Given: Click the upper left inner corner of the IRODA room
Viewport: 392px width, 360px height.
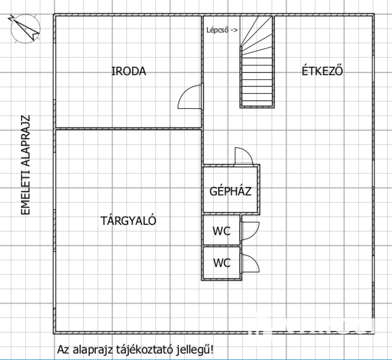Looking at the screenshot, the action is [x=56, y=16].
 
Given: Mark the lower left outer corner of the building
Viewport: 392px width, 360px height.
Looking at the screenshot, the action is [x=53, y=334].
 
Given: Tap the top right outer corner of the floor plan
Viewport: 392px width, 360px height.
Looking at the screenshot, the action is [x=374, y=14].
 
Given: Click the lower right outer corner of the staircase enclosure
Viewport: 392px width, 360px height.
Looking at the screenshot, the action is [x=274, y=108].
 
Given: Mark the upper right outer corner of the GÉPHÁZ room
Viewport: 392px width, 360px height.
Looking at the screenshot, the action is [x=260, y=165].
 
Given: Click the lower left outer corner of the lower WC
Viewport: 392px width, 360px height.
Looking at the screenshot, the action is [x=202, y=280].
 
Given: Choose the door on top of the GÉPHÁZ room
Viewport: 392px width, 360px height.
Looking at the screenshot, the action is [x=244, y=157].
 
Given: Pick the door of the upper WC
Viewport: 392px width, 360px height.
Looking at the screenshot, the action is [x=250, y=231].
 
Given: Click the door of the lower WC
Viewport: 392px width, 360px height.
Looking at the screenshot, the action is [x=250, y=263].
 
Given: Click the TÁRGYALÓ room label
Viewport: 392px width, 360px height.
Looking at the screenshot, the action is [x=128, y=221].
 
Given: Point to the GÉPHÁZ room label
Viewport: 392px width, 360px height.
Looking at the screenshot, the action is [x=230, y=191].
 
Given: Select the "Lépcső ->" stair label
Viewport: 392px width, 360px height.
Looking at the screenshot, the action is [x=222, y=30].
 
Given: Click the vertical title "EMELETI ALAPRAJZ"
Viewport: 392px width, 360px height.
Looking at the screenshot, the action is [x=25, y=165].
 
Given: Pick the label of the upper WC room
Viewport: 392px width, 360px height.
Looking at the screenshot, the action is [x=222, y=231].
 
